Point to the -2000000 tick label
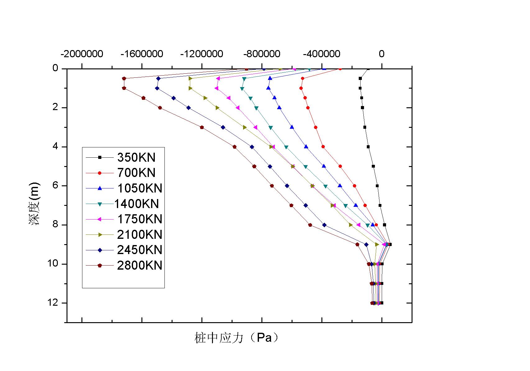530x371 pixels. point(82,54)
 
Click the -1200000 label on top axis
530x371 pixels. point(202,54)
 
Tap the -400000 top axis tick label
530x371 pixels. point(322,54)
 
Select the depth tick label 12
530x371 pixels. point(55,303)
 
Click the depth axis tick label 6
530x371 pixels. point(55,186)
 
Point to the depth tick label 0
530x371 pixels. point(55,68)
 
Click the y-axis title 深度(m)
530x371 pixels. point(35,204)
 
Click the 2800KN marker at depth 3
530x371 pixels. point(202,127)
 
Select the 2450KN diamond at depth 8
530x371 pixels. point(325,225)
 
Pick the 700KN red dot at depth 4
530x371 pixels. point(323,147)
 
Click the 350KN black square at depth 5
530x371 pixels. point(373,166)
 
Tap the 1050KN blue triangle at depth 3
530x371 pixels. point(292,127)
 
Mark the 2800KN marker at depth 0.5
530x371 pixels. point(124,78)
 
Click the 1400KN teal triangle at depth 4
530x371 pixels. point(286,147)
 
